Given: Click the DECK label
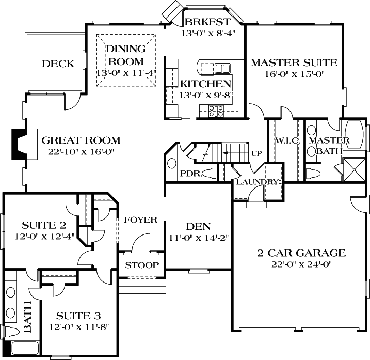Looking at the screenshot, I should (x=58, y=64).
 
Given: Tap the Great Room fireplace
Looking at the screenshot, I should (x=19, y=145).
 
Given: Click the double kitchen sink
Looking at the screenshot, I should (x=222, y=68).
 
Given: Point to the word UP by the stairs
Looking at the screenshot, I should (x=256, y=153).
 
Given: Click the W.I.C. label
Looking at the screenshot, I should (x=283, y=140).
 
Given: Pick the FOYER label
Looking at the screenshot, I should (x=140, y=220).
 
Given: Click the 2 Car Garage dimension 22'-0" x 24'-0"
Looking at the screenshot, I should (x=301, y=264).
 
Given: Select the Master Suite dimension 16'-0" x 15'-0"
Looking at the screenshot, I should (x=294, y=74).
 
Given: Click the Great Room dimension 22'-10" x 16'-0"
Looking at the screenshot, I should (x=81, y=151).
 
